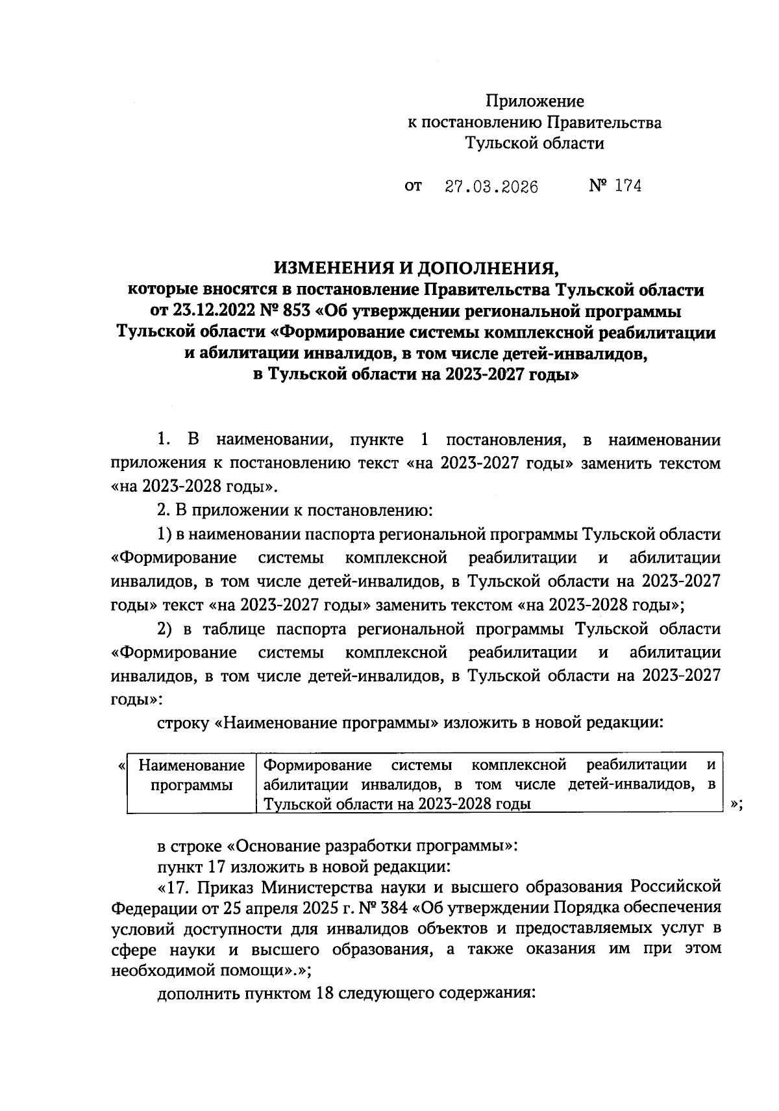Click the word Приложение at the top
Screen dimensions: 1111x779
click(x=535, y=101)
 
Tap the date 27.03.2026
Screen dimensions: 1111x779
click(x=491, y=187)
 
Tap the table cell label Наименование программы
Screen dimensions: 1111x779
click(x=192, y=775)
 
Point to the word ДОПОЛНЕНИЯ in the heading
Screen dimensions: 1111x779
click(x=487, y=268)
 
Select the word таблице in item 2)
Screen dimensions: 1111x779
click(x=233, y=630)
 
